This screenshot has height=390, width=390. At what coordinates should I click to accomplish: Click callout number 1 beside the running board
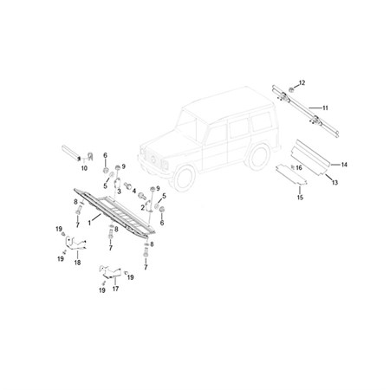pyautogui.click(x=89, y=223)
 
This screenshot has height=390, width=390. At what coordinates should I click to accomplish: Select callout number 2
pyautogui.click(x=143, y=208)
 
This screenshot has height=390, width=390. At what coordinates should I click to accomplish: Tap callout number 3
pyautogui.click(x=119, y=192)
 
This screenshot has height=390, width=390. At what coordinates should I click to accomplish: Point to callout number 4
pyautogui.click(x=134, y=191)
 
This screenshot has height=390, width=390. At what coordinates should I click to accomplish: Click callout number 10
pyautogui.click(x=84, y=168)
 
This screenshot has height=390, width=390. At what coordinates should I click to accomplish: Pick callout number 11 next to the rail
pyautogui.click(x=325, y=108)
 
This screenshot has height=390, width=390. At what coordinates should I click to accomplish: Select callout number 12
pyautogui.click(x=302, y=83)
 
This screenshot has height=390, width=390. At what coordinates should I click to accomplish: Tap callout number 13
pyautogui.click(x=335, y=183)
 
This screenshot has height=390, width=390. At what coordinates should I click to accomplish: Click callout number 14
pyautogui.click(x=344, y=165)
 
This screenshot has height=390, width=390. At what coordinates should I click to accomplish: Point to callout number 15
pyautogui.click(x=300, y=198)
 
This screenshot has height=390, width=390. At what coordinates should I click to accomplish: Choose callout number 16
pyautogui.click(x=299, y=168)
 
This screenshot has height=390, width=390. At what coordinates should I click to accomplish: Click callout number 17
pyautogui.click(x=115, y=289)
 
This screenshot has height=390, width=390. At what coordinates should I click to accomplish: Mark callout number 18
pyautogui.click(x=77, y=263)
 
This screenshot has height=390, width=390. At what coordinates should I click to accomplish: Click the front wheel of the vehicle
pyautogui.click(x=184, y=179)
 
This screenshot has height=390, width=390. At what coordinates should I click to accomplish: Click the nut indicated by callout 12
pyautogui.click(x=291, y=90)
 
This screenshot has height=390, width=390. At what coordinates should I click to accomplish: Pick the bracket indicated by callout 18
pyautogui.click(x=75, y=244)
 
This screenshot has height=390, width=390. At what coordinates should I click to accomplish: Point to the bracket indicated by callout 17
pyautogui.click(x=110, y=272)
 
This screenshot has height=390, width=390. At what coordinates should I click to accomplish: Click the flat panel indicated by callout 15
pyautogui.click(x=291, y=174)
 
